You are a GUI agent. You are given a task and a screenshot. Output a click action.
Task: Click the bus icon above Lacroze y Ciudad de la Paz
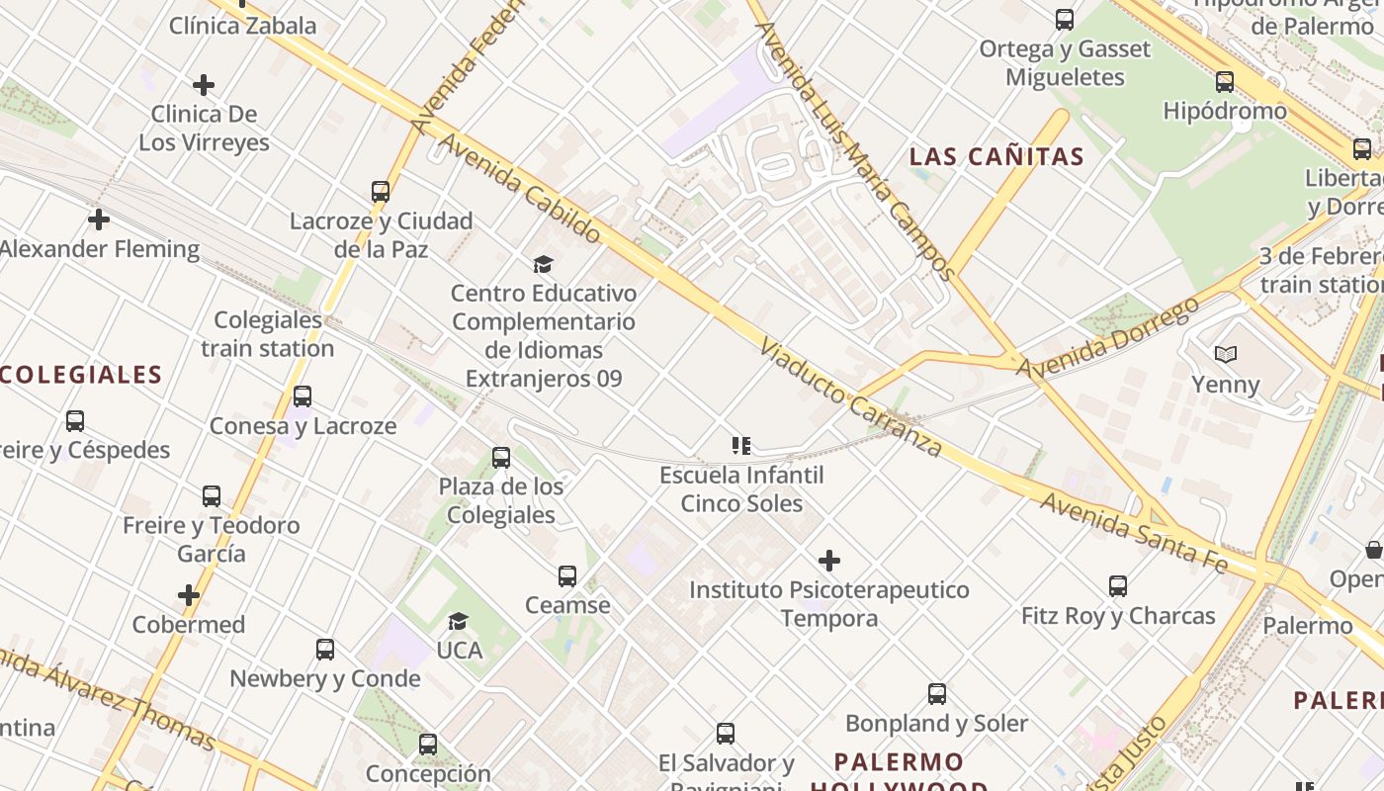tap(381, 192)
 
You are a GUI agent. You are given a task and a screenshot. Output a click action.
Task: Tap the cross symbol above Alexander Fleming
tap(99, 220)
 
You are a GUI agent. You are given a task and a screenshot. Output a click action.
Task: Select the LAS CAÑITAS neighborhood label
tap(996, 156)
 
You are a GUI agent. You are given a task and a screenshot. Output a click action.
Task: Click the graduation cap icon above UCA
tap(458, 621)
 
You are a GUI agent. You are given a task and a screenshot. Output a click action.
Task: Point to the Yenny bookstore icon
tap(1226, 355)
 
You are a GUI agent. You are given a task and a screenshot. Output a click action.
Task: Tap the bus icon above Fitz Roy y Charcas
tap(1118, 586)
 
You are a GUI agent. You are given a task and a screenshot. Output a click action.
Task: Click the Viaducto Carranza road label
tap(851, 397)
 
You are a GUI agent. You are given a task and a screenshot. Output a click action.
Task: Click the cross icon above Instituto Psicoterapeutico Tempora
tap(829, 562)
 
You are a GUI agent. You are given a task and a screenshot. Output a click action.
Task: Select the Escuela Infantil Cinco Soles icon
tap(741, 446)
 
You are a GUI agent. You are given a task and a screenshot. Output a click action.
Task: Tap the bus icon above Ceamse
tap(567, 575)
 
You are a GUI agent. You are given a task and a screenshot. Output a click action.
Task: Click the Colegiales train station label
tap(268, 334)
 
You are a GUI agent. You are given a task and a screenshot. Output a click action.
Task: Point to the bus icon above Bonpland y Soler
tap(937, 694)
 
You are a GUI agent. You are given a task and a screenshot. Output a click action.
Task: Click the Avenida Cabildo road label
tap(519, 189)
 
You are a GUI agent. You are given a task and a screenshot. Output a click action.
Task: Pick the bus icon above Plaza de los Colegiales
tap(501, 458)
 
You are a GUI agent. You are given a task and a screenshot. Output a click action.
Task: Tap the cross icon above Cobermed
tap(189, 595)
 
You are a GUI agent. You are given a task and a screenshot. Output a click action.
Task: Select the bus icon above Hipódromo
tap(1225, 82)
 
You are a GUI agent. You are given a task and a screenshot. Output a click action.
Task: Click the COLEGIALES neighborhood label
tap(81, 375)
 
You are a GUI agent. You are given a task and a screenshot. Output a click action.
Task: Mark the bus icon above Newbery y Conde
tap(325, 650)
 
